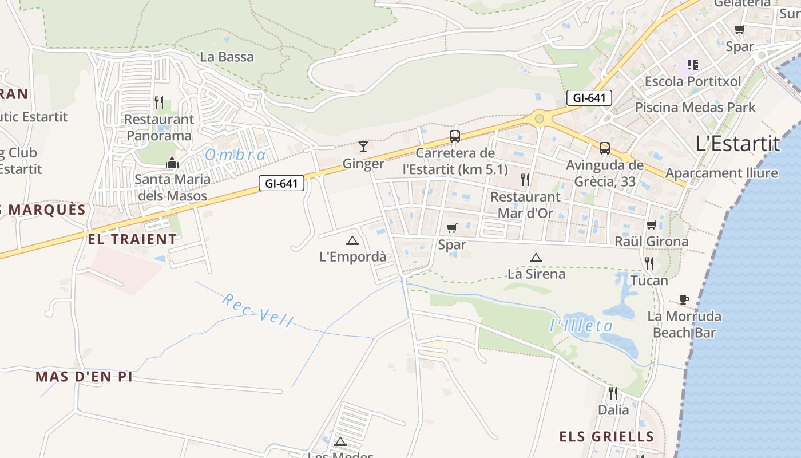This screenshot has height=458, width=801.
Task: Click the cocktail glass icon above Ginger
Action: (x=363, y=147)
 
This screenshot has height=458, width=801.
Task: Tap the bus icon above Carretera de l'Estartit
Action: (x=455, y=136)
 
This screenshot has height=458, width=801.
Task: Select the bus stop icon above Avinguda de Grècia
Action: (x=605, y=148)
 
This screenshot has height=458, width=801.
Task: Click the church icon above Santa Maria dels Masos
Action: (x=172, y=163)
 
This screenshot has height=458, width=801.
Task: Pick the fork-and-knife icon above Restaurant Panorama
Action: (x=159, y=102)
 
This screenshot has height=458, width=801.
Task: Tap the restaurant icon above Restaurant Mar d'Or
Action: (x=525, y=180)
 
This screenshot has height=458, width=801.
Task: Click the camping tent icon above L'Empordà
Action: (x=352, y=240)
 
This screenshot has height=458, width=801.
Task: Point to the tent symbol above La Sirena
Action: (x=536, y=258)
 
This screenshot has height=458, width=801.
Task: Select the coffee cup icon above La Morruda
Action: (x=684, y=299)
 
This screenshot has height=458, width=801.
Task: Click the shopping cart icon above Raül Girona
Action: (x=651, y=225)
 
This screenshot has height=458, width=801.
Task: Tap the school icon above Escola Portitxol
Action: (x=693, y=65)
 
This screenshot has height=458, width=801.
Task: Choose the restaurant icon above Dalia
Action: (x=613, y=393)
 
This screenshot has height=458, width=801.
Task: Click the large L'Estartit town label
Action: (x=738, y=143)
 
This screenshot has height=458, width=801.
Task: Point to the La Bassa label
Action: (x=227, y=57)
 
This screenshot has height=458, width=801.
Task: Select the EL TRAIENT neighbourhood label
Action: (x=132, y=239)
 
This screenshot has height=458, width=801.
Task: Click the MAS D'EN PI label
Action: (x=84, y=377)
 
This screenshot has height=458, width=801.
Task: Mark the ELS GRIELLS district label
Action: (x=606, y=437)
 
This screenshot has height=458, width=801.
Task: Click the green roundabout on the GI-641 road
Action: (x=539, y=119)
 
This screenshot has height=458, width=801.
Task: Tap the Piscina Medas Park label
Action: (x=695, y=108)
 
